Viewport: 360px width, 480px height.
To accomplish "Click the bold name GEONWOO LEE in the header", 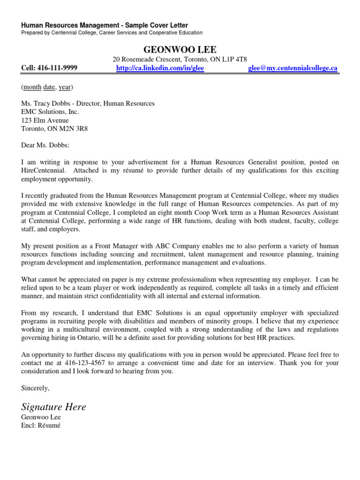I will pyautogui.click(x=180, y=50).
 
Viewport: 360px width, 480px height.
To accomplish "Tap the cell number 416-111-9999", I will pyautogui.click(x=49, y=68).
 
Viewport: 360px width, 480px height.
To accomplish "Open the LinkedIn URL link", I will pyautogui.click(x=160, y=68).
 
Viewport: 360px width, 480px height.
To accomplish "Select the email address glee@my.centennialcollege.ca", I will pyautogui.click(x=292, y=68).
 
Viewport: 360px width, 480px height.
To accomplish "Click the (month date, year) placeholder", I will pyautogui.click(x=47, y=87).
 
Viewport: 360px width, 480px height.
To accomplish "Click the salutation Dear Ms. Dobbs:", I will pyautogui.click(x=45, y=145).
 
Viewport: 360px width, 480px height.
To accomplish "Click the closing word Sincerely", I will pyautogui.click(x=35, y=388).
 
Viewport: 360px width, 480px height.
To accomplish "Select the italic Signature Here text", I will pyautogui.click(x=54, y=407).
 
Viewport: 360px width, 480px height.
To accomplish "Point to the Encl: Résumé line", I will pyautogui.click(x=41, y=426).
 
